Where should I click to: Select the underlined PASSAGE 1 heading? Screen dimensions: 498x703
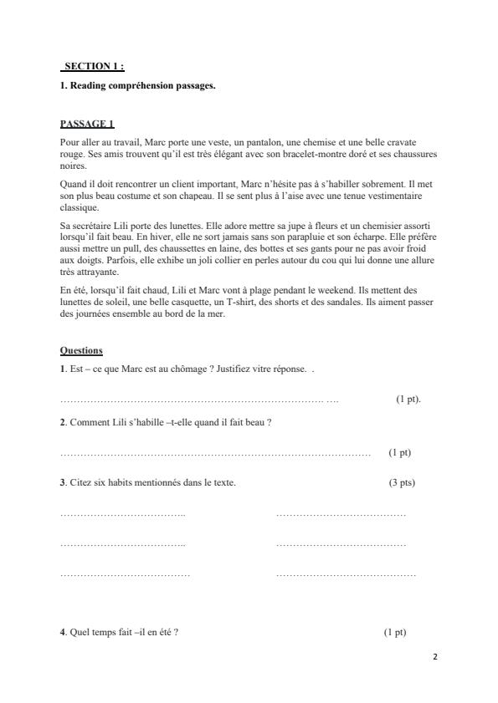point(87,124)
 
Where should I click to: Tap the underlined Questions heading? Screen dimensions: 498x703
point(81,349)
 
